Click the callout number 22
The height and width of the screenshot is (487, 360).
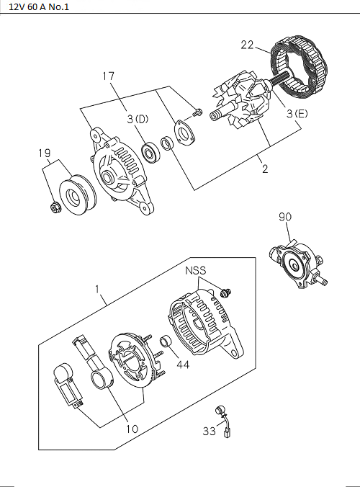(x=247, y=45)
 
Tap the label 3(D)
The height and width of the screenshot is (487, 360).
(x=138, y=120)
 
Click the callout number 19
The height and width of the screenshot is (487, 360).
(x=44, y=153)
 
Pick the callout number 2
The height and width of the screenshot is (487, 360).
(x=265, y=170)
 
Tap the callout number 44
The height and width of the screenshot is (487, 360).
(x=183, y=365)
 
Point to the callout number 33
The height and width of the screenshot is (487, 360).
(x=209, y=432)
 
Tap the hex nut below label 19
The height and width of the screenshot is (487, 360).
(x=54, y=209)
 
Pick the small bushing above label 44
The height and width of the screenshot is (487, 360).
(x=164, y=341)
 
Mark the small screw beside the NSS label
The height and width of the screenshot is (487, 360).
(x=228, y=292)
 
